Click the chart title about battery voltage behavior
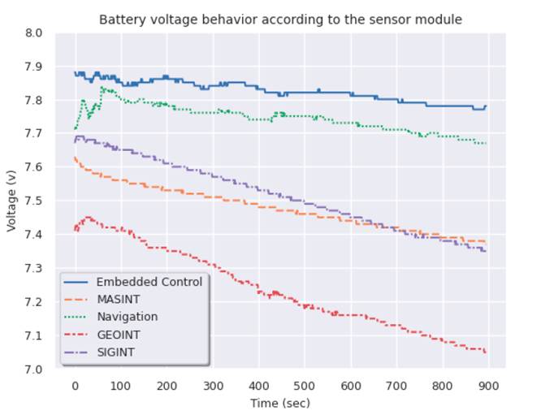[279, 19]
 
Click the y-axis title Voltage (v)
[11, 201]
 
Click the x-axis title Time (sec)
[279, 402]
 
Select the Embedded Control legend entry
[149, 282]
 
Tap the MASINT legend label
[119, 300]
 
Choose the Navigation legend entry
[127, 317]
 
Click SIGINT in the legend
[116, 352]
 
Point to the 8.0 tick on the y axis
[36, 33]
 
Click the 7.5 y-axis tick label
[36, 201]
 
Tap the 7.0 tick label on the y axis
[36, 370]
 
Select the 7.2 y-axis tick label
[36, 302]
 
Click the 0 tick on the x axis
[75, 385]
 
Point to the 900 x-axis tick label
[488, 385]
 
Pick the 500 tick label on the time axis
[305, 385]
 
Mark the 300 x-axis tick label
[213, 385]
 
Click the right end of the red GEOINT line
[486, 352]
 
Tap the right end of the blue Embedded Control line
[486, 106]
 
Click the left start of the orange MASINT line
[75, 158]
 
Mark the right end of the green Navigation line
[486, 143]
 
